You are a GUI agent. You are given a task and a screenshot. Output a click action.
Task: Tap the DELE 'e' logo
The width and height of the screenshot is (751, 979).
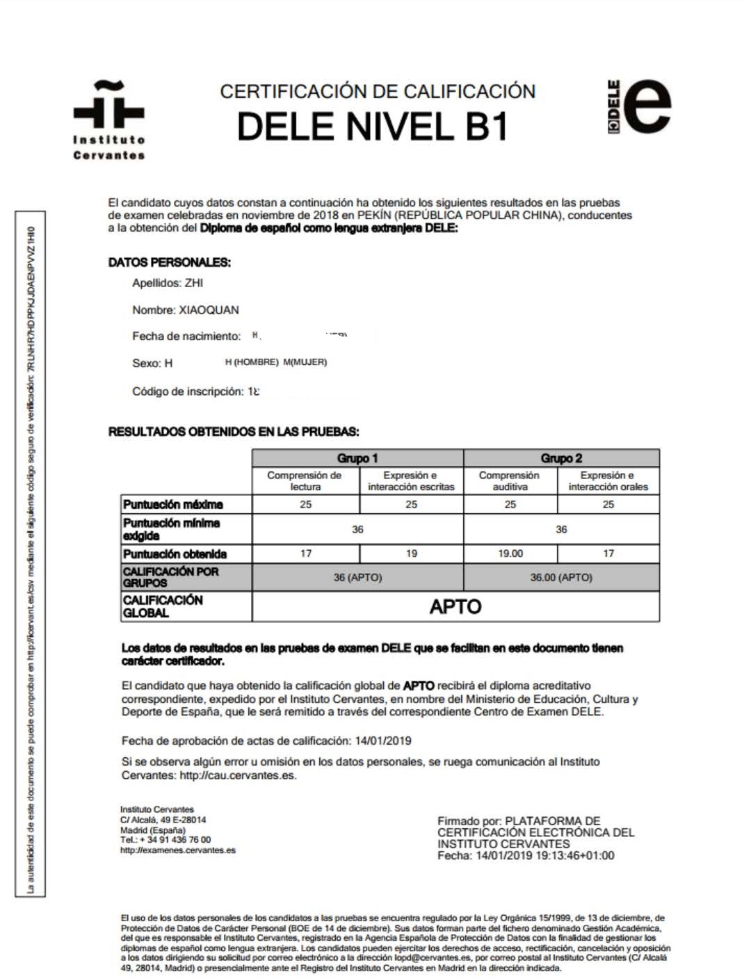pyautogui.click(x=640, y=106)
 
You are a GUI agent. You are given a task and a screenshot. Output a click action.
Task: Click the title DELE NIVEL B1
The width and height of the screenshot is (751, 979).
pyautogui.click(x=373, y=127)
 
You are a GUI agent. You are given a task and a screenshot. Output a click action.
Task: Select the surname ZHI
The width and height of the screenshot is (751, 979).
pyautogui.click(x=194, y=283)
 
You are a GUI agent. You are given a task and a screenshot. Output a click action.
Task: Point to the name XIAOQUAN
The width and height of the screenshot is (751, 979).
pyautogui.click(x=209, y=310)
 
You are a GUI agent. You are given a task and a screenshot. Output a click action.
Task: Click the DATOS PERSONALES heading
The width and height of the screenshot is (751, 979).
pyautogui.click(x=169, y=262)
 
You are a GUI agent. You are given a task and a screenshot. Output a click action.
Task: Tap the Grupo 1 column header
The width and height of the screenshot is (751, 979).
pyautogui.click(x=357, y=458)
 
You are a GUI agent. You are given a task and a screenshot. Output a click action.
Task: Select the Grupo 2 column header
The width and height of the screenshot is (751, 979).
pyautogui.click(x=561, y=458)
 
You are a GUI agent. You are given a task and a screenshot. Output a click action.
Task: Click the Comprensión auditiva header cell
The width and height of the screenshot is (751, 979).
pyautogui.click(x=510, y=480)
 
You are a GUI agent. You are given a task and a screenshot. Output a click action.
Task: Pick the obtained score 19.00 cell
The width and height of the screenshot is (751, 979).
pyautogui.click(x=510, y=553)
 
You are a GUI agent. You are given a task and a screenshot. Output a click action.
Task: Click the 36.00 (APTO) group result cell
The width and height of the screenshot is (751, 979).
pyautogui.click(x=561, y=577)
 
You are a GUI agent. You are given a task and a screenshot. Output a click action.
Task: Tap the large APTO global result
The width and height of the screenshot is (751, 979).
pyautogui.click(x=455, y=606)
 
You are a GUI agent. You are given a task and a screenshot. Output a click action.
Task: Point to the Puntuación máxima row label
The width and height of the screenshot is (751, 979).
pyautogui.click(x=173, y=504)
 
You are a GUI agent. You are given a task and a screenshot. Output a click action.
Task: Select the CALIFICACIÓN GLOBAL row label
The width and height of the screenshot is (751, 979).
pyautogui.click(x=163, y=606)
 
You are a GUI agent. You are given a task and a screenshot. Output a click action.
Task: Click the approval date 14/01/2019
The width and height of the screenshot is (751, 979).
pyautogui.click(x=382, y=741)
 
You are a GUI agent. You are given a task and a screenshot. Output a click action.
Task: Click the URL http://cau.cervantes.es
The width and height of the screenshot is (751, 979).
pyautogui.click(x=238, y=775)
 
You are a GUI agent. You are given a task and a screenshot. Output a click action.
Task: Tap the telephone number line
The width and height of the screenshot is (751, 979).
pyautogui.click(x=165, y=840)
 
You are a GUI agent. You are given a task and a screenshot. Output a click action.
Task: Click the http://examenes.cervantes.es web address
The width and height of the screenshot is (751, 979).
pyautogui.click(x=178, y=850)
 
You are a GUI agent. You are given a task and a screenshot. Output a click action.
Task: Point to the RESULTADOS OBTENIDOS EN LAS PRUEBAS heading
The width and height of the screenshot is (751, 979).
pyautogui.click(x=234, y=432)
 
